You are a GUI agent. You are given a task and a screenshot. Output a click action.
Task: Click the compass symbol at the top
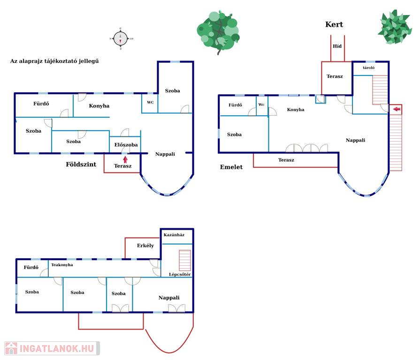point(121,38)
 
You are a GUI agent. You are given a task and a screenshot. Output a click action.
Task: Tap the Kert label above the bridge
point(334,25)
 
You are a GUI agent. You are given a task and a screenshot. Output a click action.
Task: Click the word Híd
point(337,46)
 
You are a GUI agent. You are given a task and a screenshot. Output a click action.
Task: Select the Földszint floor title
point(81,164)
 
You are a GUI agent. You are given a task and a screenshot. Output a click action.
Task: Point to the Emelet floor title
point(231,167)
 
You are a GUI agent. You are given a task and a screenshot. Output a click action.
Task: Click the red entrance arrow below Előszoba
point(125,159)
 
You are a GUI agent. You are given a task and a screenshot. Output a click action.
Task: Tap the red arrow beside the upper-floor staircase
point(397,110)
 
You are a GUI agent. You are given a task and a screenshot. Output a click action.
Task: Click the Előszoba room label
point(126,145)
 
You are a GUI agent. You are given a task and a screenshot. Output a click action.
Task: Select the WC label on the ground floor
point(150,102)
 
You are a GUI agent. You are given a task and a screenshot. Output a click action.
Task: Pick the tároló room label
point(368,68)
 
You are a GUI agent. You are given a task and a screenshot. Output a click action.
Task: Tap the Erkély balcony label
point(145,246)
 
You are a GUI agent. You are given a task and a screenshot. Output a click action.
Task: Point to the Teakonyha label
point(62,265)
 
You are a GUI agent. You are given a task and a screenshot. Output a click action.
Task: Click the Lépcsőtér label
point(180,274)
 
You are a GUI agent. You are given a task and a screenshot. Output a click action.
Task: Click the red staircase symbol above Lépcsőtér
point(185,260)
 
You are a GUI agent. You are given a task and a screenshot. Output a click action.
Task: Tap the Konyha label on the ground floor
point(99,106)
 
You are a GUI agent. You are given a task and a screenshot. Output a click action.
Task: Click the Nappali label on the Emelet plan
point(355,140)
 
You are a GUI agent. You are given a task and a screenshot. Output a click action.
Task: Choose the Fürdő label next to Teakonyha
point(31,268)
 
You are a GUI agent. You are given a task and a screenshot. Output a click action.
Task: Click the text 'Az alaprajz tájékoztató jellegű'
point(54,61)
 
